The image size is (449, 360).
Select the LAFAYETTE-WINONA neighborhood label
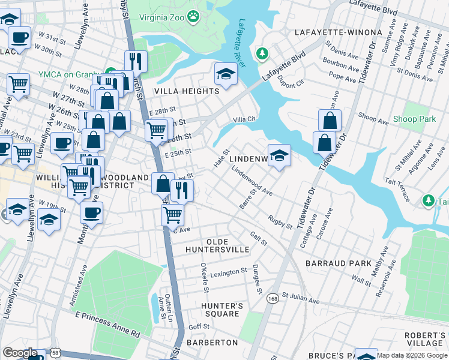coord(338,32)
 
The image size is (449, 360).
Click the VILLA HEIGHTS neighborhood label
coord(187,91)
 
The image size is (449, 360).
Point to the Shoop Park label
coord(414,119)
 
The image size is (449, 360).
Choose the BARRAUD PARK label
coord(338,263)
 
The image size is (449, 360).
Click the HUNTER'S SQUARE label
coord(221,310)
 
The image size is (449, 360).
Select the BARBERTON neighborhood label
coord(212,342)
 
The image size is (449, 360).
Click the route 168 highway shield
coord(274,298)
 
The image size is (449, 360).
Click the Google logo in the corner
coord(20,353)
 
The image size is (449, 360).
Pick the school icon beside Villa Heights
coord(226,74)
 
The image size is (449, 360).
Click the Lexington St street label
coord(228,272)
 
